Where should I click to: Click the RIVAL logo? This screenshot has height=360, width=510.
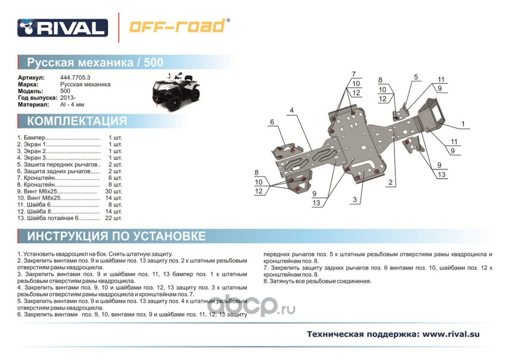pos(63,28)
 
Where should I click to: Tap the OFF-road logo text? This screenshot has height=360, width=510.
pos(178,26)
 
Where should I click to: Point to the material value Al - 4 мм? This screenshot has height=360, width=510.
pos(72,105)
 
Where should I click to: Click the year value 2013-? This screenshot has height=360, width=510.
pos(68,98)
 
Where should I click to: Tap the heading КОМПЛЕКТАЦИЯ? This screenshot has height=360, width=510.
pos(77,121)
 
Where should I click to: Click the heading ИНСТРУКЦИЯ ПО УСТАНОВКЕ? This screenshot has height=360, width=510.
pos(116,236)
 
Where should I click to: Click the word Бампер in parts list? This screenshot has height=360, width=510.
pos(33,137)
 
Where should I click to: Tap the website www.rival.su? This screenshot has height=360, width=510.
pos(451,334)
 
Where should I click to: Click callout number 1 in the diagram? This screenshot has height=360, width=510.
pos(463,123)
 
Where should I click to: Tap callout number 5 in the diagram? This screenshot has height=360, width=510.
pos(416,77)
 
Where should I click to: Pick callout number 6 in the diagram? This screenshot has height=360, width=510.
pos(272,122)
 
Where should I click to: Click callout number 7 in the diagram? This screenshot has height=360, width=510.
pos(353,74)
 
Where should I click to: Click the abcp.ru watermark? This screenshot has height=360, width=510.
pos(251,306)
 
